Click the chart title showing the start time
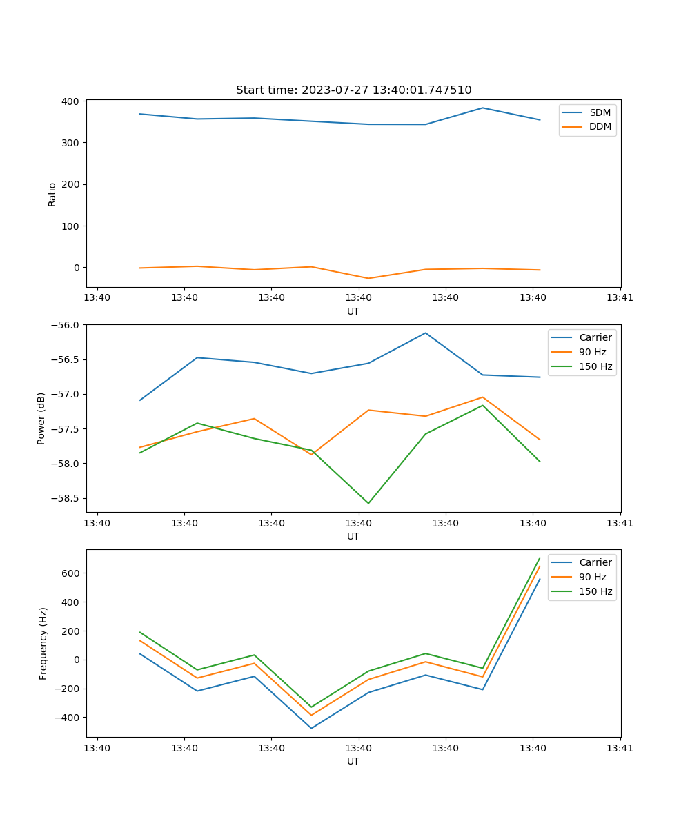(x=353, y=90)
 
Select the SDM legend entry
(x=600, y=112)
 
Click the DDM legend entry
(x=600, y=126)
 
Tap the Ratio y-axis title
(x=52, y=194)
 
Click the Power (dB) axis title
(x=41, y=418)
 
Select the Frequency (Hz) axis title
(x=43, y=643)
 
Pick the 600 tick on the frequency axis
(x=71, y=573)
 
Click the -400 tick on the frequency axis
(x=68, y=718)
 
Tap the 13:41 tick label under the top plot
(x=620, y=298)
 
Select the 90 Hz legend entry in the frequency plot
(x=593, y=577)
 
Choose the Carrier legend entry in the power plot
(x=595, y=338)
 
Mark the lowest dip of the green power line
(x=368, y=503)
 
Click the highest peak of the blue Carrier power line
(x=425, y=333)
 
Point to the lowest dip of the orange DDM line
(x=368, y=278)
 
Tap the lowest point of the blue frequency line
(x=311, y=728)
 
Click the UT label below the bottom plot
(x=353, y=761)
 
